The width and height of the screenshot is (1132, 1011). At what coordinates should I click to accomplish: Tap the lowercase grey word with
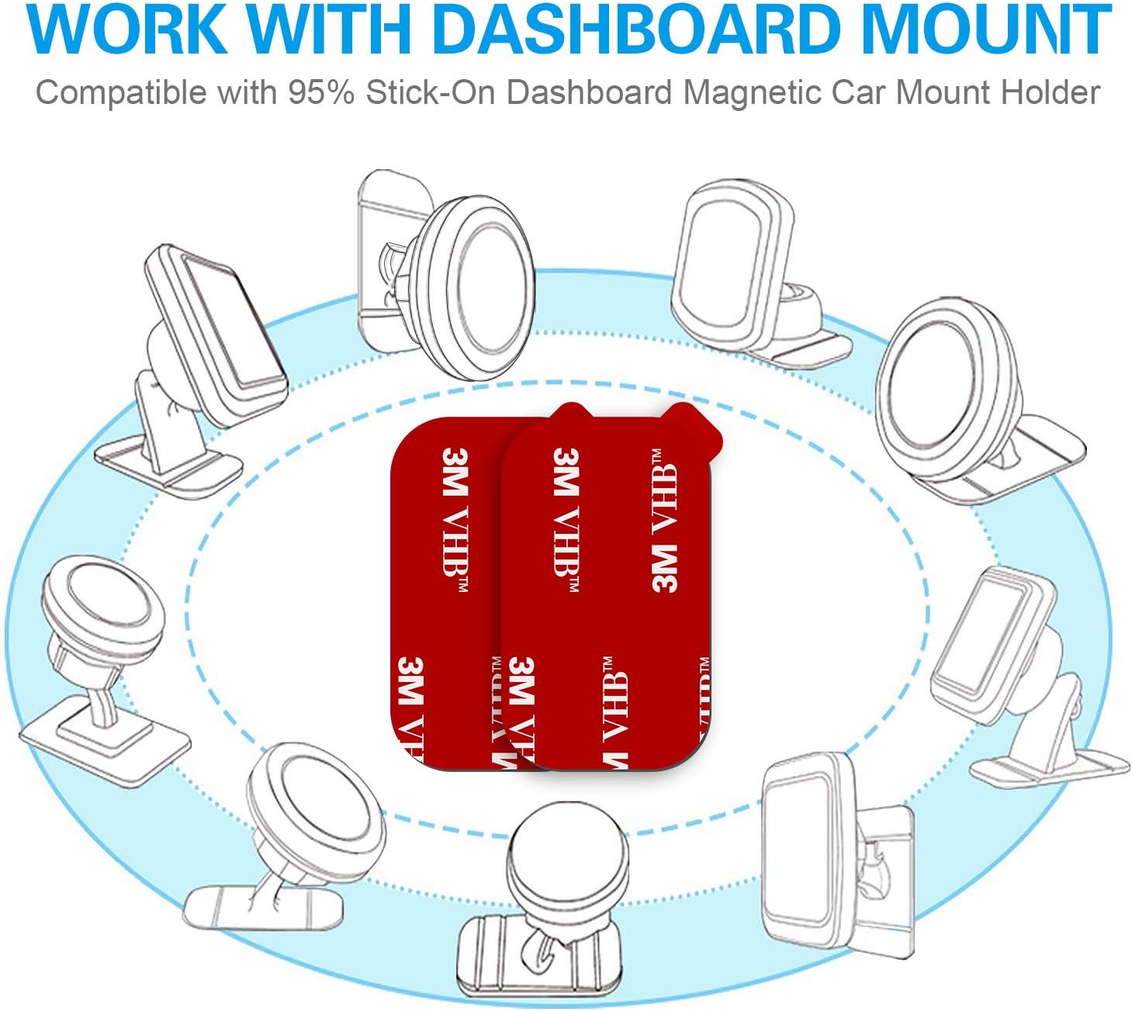pyautogui.click(x=247, y=93)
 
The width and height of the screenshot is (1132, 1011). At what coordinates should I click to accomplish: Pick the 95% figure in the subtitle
pyautogui.click(x=321, y=93)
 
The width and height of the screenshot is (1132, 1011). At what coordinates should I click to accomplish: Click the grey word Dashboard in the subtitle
pyautogui.click(x=590, y=93)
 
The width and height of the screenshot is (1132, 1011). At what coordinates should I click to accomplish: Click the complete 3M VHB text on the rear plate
pyautogui.click(x=455, y=520)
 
